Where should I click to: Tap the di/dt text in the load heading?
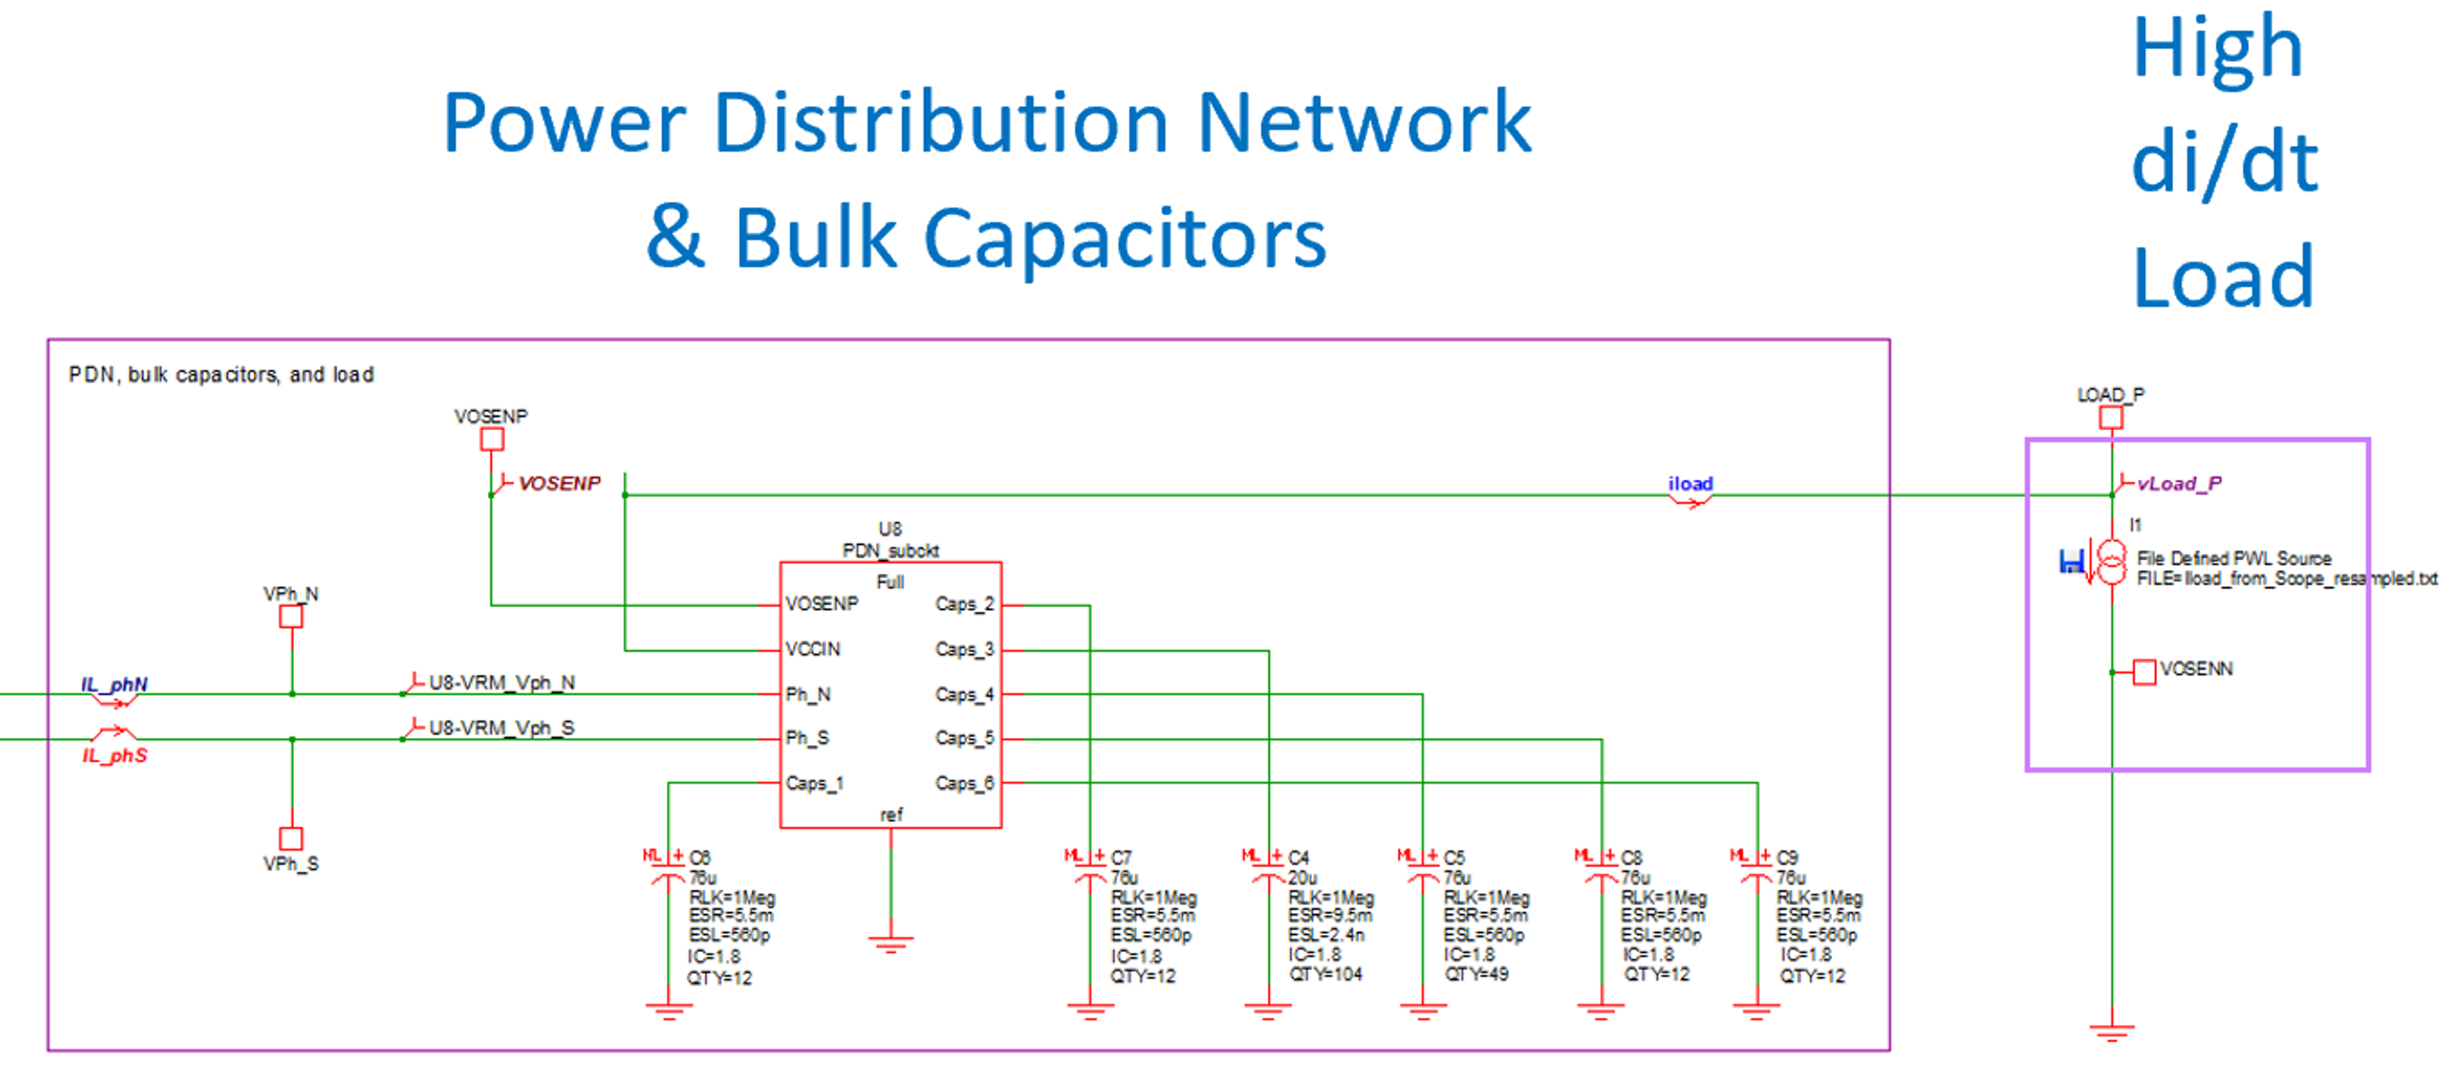coord(2223,163)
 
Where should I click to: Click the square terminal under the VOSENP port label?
coord(492,439)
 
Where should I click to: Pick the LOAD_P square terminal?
coord(2111,418)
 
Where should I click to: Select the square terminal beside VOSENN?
coord(2145,672)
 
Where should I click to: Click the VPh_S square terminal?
coord(292,838)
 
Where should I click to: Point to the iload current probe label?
coord(1690,483)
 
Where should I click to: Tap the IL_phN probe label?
coord(114,684)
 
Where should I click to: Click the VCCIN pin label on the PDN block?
coord(813,649)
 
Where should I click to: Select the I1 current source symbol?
coord(2111,561)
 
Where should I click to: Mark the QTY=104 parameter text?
coord(1326,974)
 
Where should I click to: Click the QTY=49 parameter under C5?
coord(1476,974)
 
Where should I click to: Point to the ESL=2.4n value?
coord(1326,935)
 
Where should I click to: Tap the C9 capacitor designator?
coord(1787,857)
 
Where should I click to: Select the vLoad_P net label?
coord(2179,483)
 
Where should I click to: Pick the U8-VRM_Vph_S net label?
coord(501,727)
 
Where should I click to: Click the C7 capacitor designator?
coord(1122,857)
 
